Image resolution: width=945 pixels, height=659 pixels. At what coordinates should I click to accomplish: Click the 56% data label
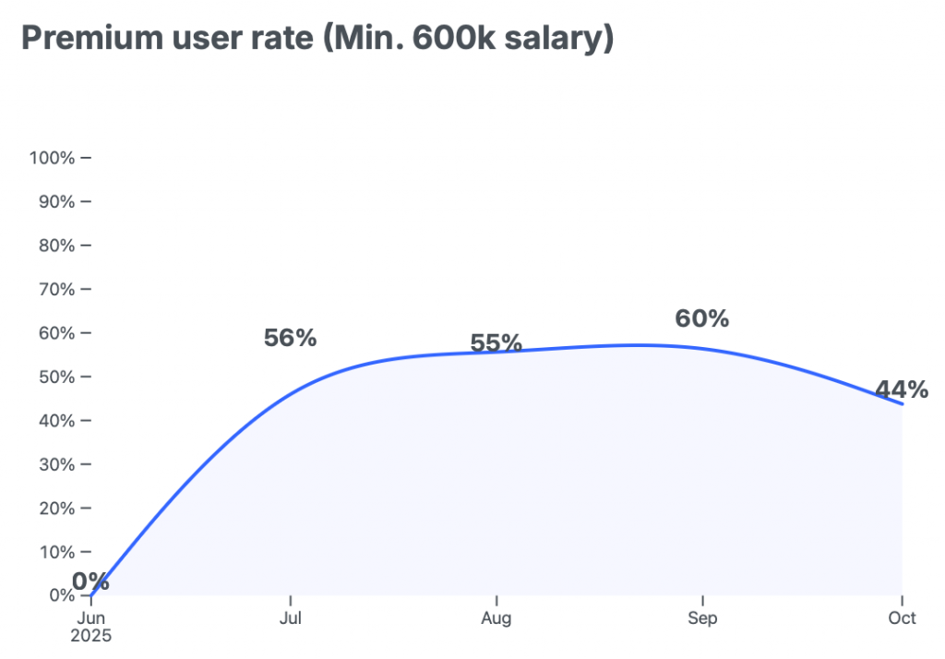pos(290,339)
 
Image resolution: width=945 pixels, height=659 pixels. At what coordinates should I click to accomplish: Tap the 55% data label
pos(496,343)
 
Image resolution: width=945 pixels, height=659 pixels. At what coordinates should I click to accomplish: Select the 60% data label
pos(702,319)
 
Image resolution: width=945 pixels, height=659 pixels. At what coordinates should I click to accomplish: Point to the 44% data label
pos(902,389)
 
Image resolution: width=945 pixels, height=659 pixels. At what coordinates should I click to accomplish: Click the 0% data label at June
pos(90,581)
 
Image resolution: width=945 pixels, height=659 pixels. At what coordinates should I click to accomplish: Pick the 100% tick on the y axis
pos(52,158)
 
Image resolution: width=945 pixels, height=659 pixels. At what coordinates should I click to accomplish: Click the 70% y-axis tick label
pos(55,290)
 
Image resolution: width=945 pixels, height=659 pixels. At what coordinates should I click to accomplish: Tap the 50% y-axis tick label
pos(55,377)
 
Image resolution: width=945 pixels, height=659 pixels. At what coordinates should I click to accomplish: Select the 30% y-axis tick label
pos(55,465)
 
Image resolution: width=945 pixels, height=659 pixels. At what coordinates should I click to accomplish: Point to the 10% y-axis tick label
pos(55,553)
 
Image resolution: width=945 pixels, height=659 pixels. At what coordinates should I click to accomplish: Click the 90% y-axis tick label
pos(55,202)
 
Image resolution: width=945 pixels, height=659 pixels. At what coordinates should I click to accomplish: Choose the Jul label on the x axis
pos(291,618)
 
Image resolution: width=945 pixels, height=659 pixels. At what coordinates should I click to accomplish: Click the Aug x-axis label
pos(496,618)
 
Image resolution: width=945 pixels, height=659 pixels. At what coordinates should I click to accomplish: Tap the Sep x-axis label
pos(702,618)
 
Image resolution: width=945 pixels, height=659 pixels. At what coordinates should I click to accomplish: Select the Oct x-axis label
pos(903,618)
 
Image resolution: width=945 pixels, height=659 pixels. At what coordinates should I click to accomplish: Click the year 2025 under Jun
pos(91,636)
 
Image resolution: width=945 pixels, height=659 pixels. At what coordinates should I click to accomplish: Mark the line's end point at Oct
pos(902,404)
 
